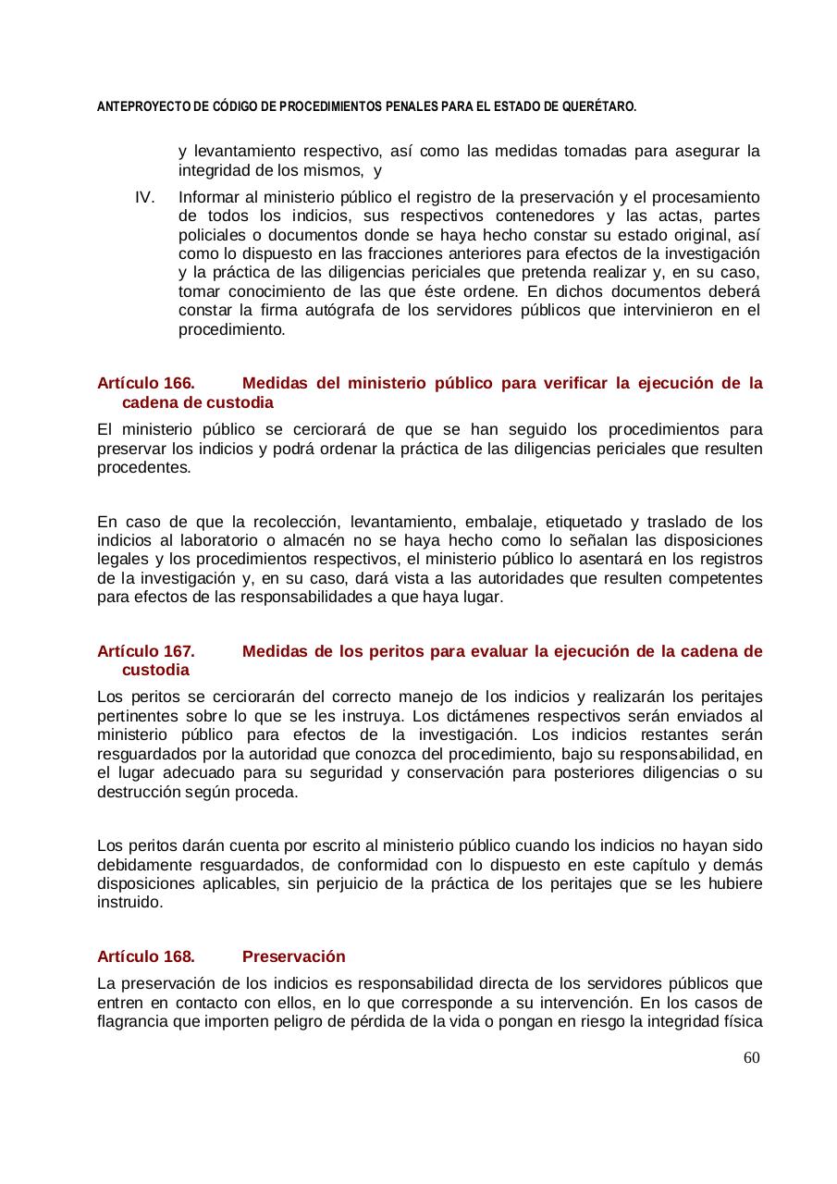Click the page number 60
click(x=751, y=1057)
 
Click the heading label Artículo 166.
click(x=145, y=383)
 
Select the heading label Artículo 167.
click(x=145, y=651)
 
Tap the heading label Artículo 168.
click(x=145, y=956)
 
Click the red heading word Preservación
click(x=293, y=956)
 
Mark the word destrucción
click(x=136, y=792)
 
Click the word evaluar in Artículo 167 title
click(x=496, y=651)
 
